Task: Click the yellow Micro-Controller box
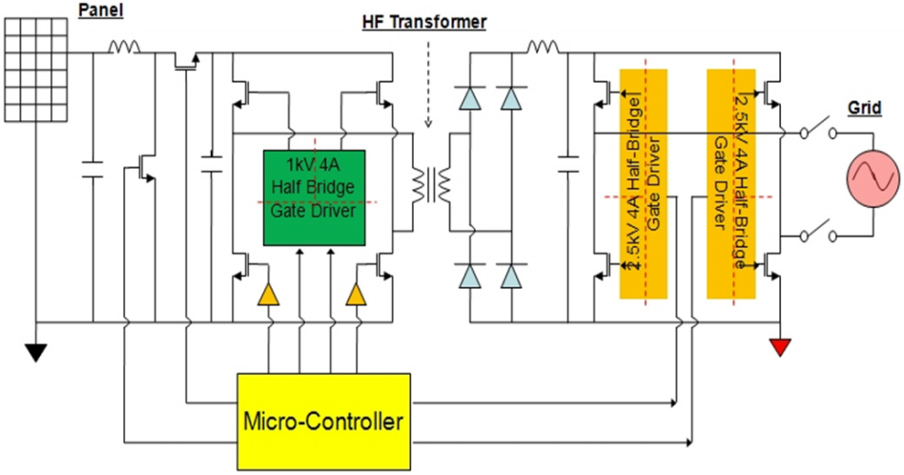click(x=323, y=420)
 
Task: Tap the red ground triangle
click(x=781, y=346)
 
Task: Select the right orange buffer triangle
click(x=356, y=295)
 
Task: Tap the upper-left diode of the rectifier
click(x=469, y=98)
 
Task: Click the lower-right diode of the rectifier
click(x=511, y=276)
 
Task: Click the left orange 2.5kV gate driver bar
click(x=643, y=183)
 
